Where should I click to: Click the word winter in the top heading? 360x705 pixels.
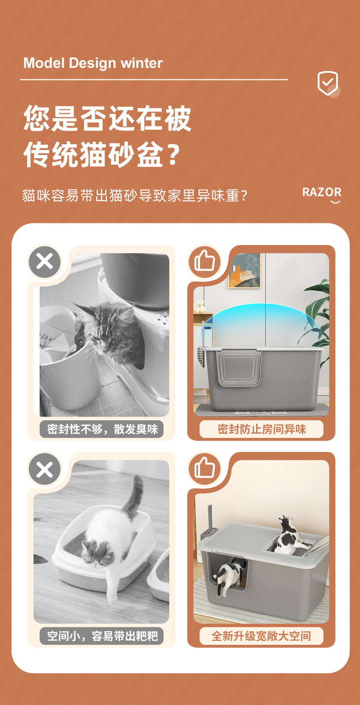pos(142,63)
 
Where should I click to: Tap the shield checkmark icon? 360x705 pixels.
pos(327,83)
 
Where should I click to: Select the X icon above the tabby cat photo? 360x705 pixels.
pos(45,262)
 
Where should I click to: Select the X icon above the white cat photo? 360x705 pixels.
pos(45,469)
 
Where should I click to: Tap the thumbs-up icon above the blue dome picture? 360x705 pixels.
pos(204,261)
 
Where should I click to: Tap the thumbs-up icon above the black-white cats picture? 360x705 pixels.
pos(204,468)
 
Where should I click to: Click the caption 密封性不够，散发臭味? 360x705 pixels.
pos(102,429)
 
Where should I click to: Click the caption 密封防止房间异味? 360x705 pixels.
pos(261,429)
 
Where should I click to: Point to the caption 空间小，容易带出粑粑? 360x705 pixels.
pos(102,636)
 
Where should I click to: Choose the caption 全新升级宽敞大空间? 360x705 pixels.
pos(261,636)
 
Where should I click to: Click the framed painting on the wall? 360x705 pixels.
pos(244,271)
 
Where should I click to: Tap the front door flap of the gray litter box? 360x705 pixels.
pos(239,367)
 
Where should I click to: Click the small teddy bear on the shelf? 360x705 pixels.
pos(199,306)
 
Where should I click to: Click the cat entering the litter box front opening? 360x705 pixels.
pos(230,575)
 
